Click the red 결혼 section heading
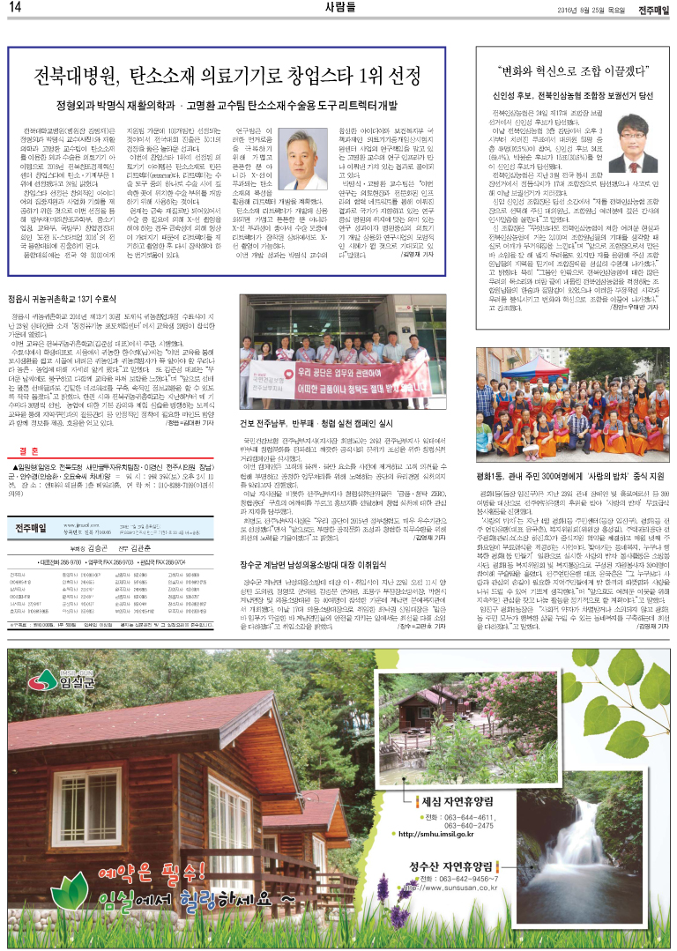coord(28,446)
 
